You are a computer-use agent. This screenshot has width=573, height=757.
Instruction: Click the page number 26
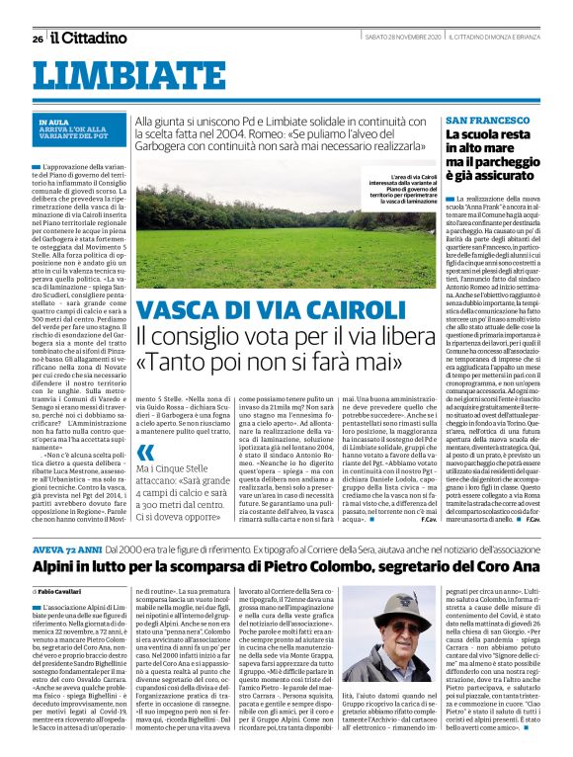pos(38,40)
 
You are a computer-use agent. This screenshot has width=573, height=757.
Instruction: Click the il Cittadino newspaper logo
pos(90,39)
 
